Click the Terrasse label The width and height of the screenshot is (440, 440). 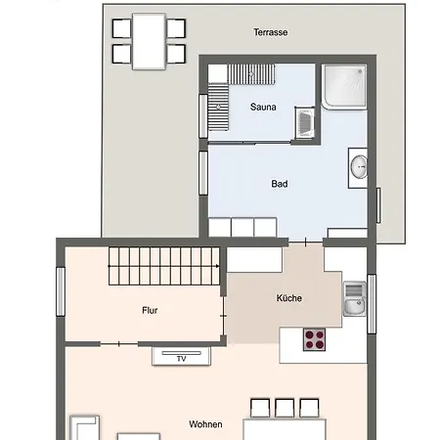271,32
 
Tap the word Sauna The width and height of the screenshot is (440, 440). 263,107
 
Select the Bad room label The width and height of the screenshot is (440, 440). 280,184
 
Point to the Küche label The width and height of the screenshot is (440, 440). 289,298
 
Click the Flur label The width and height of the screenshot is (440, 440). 150,310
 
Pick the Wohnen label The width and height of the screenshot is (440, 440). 205,424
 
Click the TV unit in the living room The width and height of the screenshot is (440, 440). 181,356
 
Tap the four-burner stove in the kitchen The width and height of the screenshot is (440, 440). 314,339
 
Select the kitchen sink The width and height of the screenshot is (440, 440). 355,298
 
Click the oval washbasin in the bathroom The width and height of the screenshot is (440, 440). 359,167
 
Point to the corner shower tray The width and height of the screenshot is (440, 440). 344,86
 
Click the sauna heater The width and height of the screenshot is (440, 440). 305,123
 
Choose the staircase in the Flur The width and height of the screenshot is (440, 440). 163,266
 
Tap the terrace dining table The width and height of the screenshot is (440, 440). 149,41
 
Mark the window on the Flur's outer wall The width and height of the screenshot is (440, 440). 61,291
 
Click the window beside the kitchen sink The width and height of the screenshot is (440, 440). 372,304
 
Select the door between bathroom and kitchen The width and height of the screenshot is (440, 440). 306,242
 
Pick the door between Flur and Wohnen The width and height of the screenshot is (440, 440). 119,344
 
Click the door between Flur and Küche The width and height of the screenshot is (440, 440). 224,316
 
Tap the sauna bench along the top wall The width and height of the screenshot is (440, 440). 251,74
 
